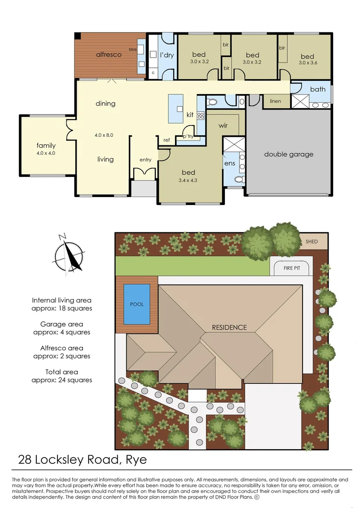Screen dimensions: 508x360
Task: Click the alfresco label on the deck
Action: click(109, 55)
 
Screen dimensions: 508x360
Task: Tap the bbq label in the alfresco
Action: click(132, 49)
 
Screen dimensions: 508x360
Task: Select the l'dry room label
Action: click(167, 55)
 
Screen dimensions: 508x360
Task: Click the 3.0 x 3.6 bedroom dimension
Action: click(308, 62)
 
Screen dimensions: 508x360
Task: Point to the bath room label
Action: click(318, 89)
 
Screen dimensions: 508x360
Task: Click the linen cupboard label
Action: click(275, 101)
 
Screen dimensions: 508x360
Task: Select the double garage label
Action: click(288, 154)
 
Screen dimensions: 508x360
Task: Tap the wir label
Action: click(223, 126)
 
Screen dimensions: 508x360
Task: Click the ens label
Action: click(229, 163)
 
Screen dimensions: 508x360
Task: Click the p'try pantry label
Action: click(188, 136)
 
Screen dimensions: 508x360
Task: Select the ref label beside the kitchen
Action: click(167, 140)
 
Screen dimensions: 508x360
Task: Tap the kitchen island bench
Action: click(176, 108)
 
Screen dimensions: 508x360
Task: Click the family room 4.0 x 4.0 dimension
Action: click(46, 153)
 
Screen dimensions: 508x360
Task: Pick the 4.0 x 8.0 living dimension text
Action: click(104, 135)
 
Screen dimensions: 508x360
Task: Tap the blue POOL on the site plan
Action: click(136, 304)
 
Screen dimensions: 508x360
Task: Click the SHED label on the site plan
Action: click(311, 242)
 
